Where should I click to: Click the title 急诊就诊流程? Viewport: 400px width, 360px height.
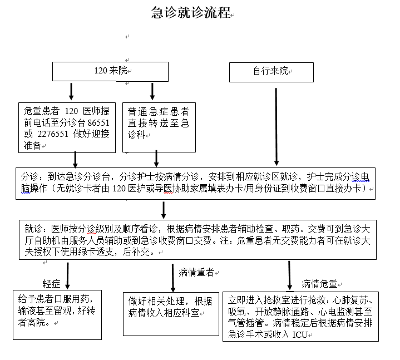(x=191, y=12)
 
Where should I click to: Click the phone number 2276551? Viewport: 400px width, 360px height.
(x=53, y=134)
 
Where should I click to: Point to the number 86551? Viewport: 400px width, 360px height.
(x=98, y=123)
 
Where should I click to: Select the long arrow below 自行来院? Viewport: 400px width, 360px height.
(x=276, y=127)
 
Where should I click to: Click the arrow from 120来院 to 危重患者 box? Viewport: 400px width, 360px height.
(x=71, y=91)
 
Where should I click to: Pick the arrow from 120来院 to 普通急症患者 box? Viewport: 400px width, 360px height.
(x=152, y=91)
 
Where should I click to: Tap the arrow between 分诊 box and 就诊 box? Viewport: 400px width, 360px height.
(x=164, y=210)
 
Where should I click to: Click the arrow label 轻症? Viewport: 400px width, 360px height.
(x=51, y=284)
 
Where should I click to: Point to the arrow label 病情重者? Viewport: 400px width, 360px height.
(x=196, y=273)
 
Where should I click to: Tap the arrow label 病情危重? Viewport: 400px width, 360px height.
(x=319, y=284)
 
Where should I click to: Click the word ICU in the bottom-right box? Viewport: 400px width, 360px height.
(x=300, y=334)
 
